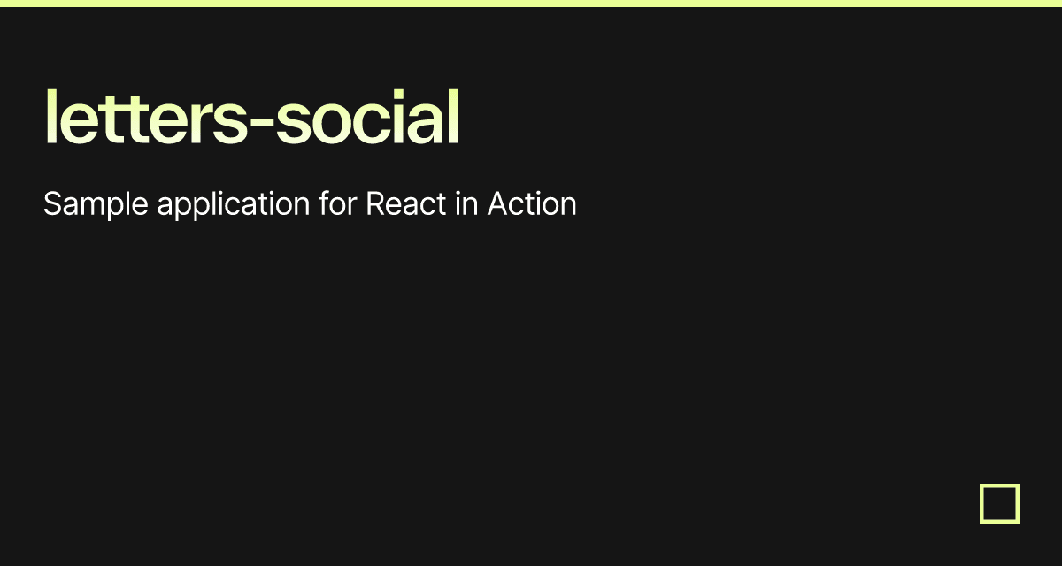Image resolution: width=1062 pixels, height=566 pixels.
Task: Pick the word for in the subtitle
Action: [337, 204]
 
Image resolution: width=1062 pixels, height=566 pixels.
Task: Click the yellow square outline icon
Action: [999, 503]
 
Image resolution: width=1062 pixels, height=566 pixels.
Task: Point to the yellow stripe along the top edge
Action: [531, 4]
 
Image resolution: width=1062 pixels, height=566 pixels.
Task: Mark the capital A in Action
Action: [496, 204]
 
